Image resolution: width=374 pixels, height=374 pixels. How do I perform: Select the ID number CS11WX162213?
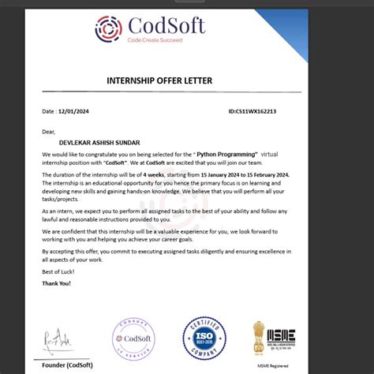[255, 112]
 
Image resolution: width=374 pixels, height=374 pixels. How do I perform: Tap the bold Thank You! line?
[58, 283]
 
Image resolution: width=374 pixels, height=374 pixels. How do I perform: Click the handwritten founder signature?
[56, 341]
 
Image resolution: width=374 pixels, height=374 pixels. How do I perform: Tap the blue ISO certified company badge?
[204, 338]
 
